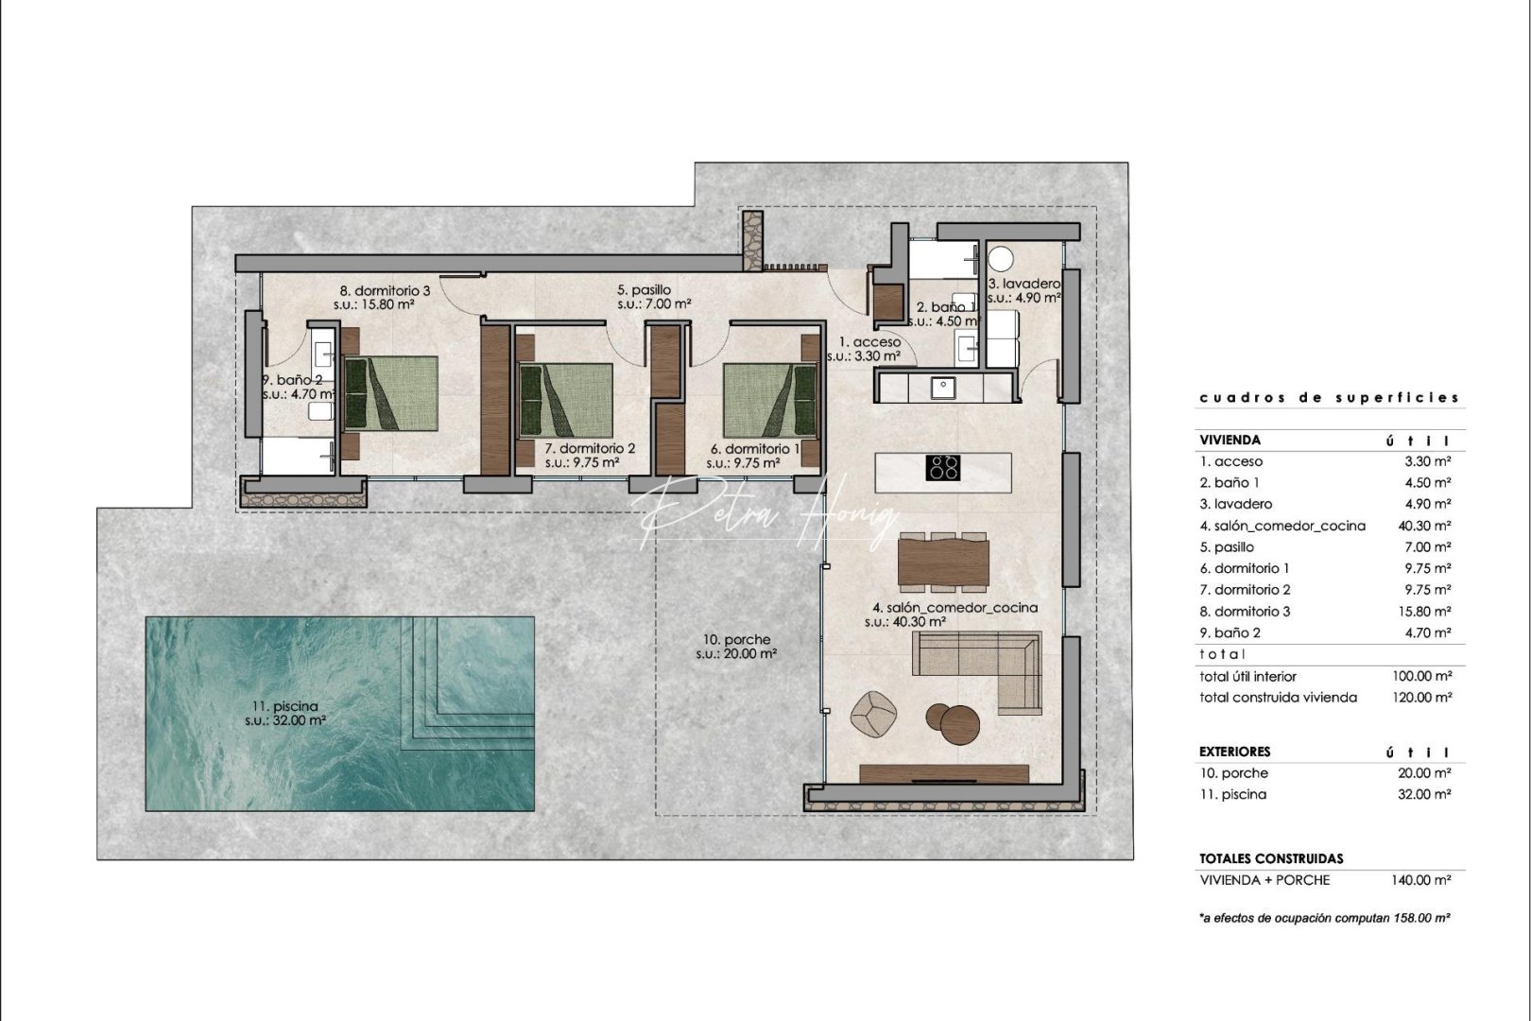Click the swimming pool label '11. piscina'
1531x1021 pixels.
click(284, 706)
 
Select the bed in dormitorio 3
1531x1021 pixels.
click(390, 393)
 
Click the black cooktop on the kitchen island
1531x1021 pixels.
click(943, 468)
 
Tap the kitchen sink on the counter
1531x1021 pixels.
click(941, 387)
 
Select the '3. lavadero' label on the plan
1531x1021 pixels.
click(1024, 284)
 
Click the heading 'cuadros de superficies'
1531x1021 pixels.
click(1329, 398)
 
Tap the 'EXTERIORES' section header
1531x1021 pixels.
click(1234, 752)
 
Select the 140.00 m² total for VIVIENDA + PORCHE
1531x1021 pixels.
click(1420, 880)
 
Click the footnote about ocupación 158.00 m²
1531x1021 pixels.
click(1324, 918)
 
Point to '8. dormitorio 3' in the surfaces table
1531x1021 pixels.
click(1245, 612)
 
